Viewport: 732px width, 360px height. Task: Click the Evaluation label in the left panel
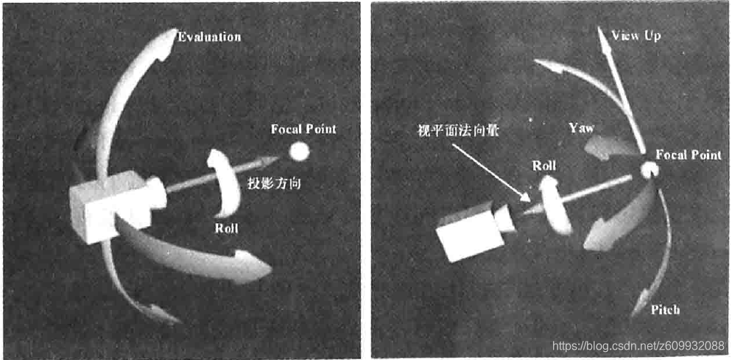click(210, 36)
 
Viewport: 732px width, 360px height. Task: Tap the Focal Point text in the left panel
click(303, 130)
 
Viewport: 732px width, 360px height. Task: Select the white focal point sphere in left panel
click(300, 152)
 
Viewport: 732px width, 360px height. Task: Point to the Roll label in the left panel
click(227, 228)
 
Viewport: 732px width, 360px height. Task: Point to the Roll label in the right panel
click(543, 166)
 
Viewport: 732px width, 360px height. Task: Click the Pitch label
click(665, 310)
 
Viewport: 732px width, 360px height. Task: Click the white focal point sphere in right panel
click(649, 171)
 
